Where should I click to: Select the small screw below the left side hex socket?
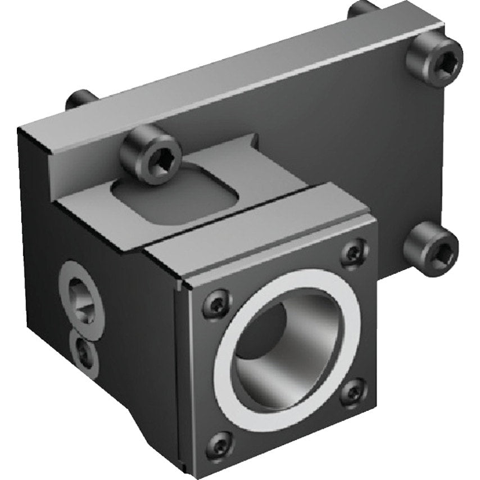tap(83, 352)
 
